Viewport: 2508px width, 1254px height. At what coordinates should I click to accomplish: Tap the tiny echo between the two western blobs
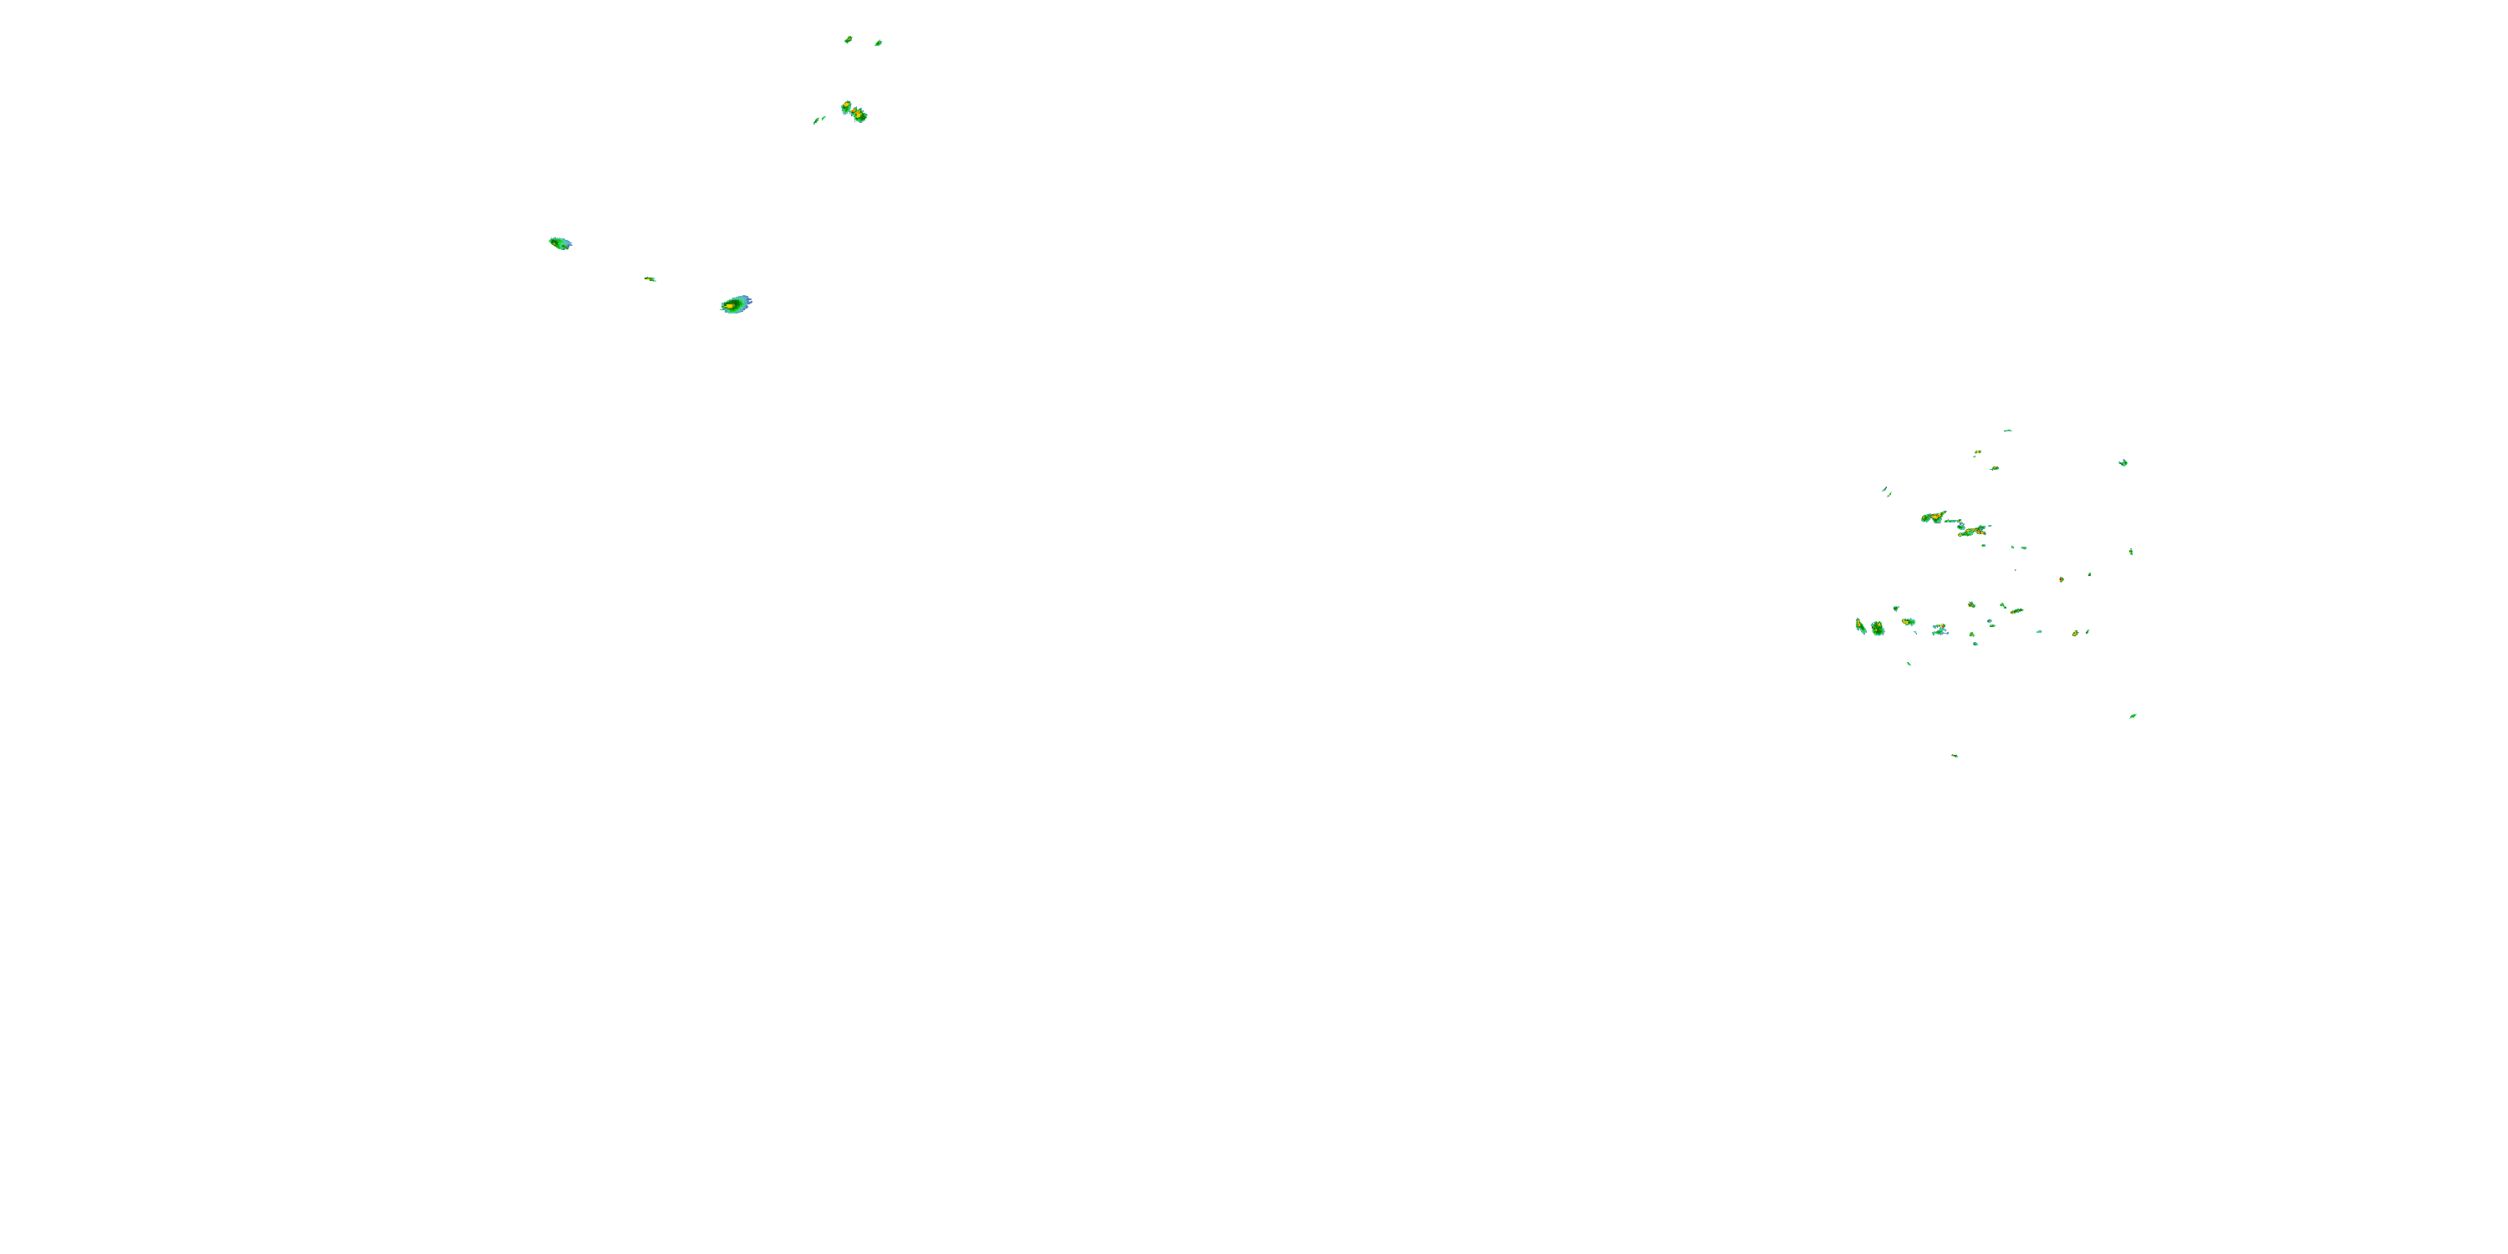pos(650,279)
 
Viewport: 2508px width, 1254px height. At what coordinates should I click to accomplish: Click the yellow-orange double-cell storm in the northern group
pos(854,111)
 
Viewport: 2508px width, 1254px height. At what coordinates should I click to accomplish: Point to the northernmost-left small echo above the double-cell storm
pos(848,40)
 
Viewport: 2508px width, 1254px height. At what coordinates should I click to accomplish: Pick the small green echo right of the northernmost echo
pos(878,43)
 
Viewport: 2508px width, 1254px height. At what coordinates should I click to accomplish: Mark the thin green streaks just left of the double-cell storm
pos(818,120)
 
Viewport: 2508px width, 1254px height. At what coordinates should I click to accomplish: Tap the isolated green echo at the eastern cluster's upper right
pos(2123,462)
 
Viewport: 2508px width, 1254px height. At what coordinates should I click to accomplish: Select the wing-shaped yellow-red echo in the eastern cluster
pos(1933,517)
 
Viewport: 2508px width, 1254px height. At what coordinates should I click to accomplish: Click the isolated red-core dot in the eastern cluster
pos(2061,579)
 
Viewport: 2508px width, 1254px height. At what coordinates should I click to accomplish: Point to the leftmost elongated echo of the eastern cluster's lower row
pos(1861,625)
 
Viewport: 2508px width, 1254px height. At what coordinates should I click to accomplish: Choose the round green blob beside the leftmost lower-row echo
pos(1877,629)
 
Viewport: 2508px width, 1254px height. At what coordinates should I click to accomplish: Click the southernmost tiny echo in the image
pos(1954,756)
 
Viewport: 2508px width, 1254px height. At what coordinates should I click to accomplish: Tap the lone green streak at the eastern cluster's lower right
pos(2132,716)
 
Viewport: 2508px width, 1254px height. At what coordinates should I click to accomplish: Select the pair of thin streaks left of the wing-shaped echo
pos(1886,492)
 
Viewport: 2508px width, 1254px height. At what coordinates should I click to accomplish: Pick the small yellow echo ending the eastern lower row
pos(2076,633)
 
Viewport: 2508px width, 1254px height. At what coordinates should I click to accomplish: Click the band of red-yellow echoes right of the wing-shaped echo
pos(1972,531)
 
